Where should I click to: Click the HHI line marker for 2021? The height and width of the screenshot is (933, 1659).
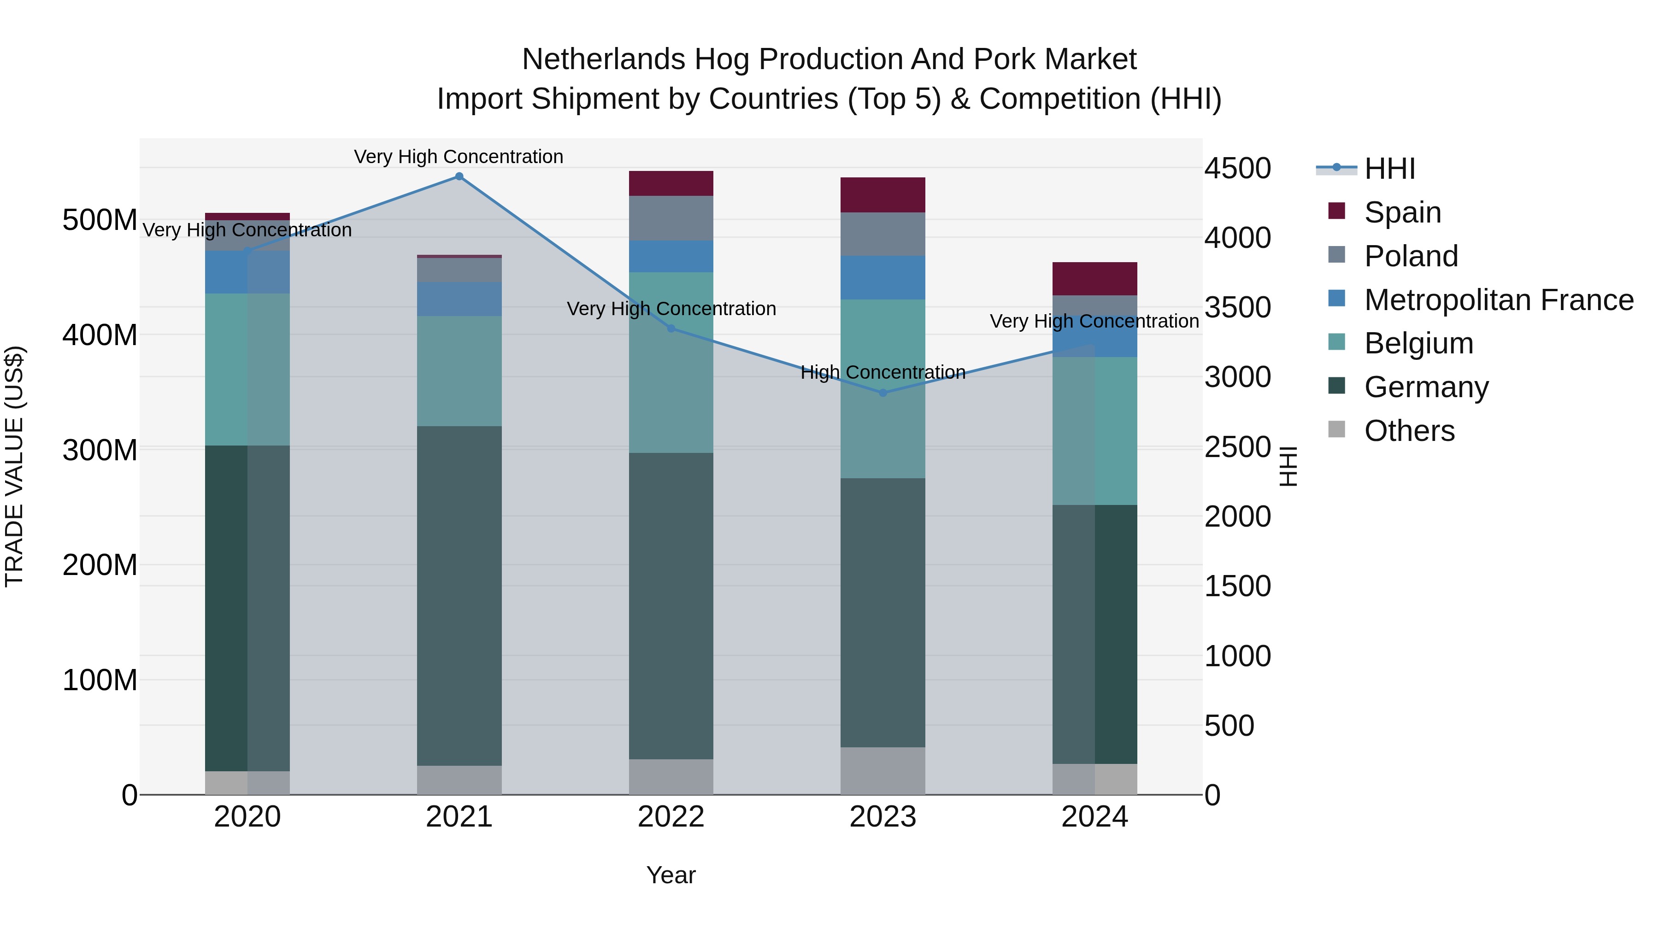click(x=459, y=176)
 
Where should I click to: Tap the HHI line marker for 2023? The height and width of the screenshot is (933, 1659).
click(x=883, y=393)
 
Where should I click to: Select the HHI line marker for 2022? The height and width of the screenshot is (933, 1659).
click(x=671, y=329)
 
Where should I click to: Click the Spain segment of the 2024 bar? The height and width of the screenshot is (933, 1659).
click(x=1094, y=279)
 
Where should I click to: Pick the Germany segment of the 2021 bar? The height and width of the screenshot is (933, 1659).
click(x=459, y=596)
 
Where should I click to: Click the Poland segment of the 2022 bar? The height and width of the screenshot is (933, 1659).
click(x=671, y=218)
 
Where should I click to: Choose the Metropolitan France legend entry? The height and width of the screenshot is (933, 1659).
click(x=1498, y=300)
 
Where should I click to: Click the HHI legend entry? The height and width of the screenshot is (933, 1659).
click(x=1389, y=169)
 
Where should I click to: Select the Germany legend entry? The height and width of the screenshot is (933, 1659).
click(x=1426, y=387)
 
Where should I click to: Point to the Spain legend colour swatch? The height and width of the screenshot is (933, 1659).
click(x=1337, y=211)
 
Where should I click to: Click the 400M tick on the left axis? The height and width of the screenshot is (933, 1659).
click(x=100, y=335)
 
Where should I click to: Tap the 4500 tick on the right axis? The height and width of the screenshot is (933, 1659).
click(x=1237, y=169)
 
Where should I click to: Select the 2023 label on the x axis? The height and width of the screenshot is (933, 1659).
click(x=883, y=817)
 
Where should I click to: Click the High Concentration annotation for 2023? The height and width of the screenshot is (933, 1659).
click(x=883, y=372)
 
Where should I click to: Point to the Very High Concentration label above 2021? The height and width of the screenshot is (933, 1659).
click(x=459, y=157)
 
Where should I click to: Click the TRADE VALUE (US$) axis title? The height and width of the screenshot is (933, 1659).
click(x=14, y=466)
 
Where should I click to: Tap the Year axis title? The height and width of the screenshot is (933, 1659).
click(x=671, y=875)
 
